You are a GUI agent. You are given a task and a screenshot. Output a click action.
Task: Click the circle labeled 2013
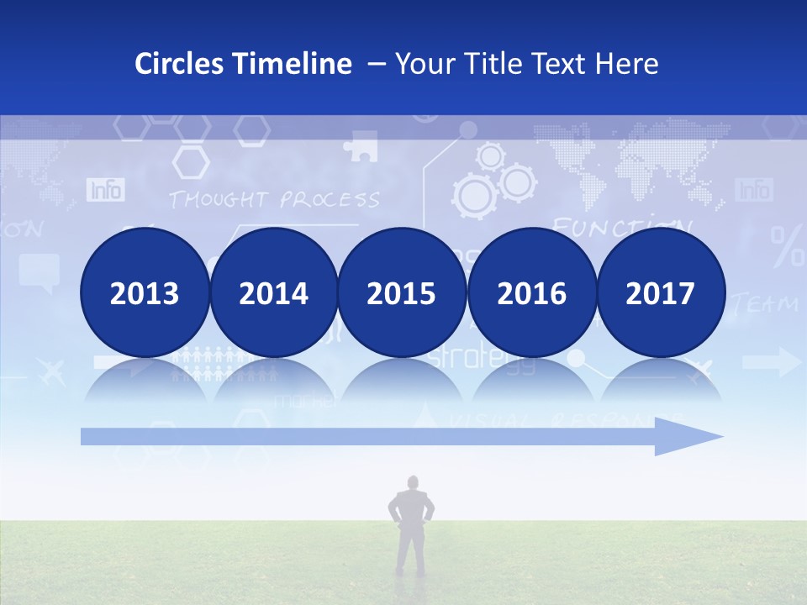tap(145, 292)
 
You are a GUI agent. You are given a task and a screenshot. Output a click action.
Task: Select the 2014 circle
tap(273, 292)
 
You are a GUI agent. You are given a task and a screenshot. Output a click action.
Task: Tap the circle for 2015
tap(402, 292)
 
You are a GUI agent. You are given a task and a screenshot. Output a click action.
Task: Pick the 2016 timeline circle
tap(531, 292)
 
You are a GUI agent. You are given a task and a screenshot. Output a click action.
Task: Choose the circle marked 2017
tap(661, 292)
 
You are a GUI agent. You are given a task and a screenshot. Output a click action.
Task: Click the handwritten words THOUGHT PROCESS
tap(273, 200)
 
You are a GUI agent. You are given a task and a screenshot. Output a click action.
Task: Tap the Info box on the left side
tap(105, 190)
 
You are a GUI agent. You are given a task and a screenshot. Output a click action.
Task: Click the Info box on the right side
tap(753, 189)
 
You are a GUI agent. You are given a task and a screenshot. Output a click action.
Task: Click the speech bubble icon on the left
tap(40, 271)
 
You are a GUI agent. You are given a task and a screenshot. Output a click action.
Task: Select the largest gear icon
tap(473, 196)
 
